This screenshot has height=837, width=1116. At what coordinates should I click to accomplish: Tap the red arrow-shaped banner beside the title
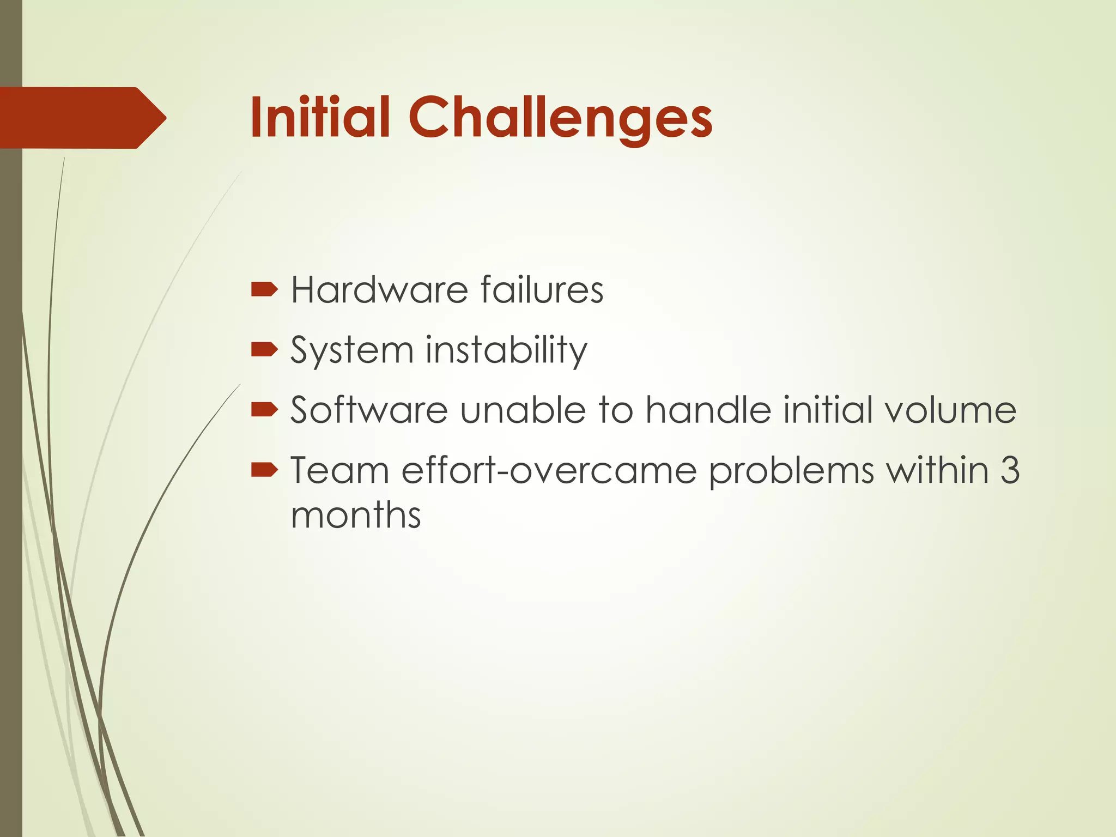click(82, 118)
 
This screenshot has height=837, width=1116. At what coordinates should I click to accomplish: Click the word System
click(352, 350)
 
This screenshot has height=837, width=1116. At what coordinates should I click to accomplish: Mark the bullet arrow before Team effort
click(265, 469)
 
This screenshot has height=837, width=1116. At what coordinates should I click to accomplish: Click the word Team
click(339, 469)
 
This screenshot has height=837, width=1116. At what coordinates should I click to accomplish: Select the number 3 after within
click(1010, 469)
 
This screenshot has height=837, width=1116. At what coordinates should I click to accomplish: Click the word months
click(356, 514)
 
